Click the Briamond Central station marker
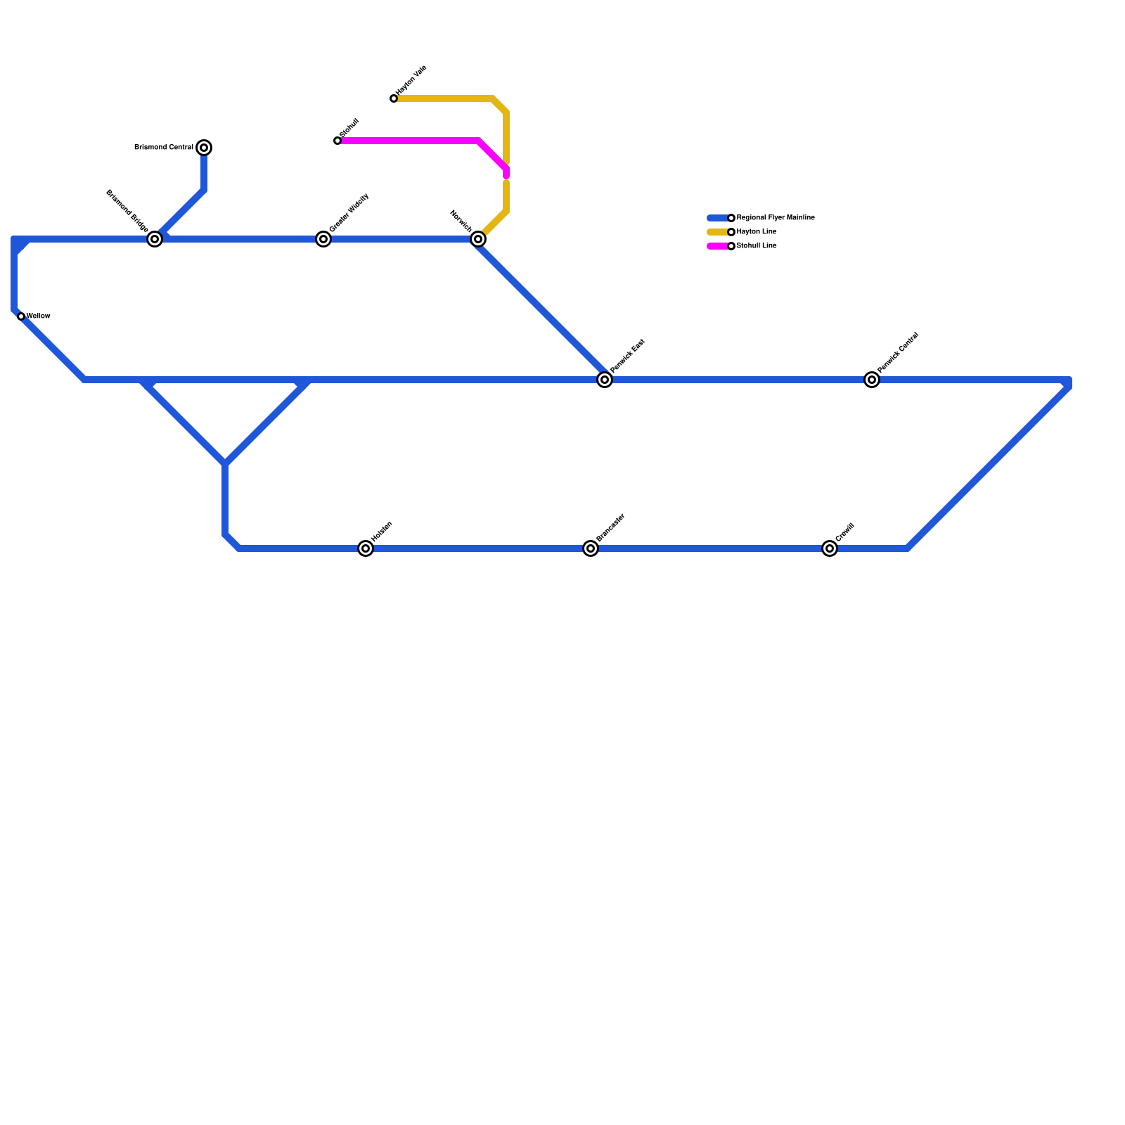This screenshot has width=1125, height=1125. (x=204, y=148)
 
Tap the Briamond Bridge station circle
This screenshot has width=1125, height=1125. (x=155, y=239)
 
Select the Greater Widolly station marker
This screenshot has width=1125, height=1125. (x=323, y=239)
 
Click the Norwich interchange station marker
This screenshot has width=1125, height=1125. (x=478, y=239)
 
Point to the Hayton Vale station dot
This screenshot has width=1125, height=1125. (x=394, y=98)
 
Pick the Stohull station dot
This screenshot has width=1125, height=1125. (x=337, y=141)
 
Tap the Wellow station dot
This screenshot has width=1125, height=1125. (x=21, y=316)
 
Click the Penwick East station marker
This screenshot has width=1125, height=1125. (x=605, y=380)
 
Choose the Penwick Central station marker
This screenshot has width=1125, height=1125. (x=872, y=380)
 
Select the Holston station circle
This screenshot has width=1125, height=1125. (x=366, y=548)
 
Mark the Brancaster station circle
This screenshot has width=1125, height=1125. (x=591, y=548)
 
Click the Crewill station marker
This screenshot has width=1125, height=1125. (x=830, y=548)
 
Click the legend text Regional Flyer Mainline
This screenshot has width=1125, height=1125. (x=775, y=218)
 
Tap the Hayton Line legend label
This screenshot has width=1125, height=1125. (x=756, y=232)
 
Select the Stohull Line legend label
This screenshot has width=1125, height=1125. (x=756, y=246)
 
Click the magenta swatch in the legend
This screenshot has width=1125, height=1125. (x=717, y=246)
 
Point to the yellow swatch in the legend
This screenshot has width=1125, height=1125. (x=717, y=232)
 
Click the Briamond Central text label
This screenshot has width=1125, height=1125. (x=163, y=148)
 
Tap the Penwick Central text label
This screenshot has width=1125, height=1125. (x=898, y=352)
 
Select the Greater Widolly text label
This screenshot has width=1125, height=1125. (x=349, y=212)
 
